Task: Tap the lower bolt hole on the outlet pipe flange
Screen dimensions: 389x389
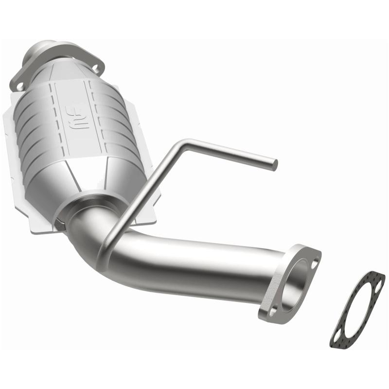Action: (274, 309)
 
